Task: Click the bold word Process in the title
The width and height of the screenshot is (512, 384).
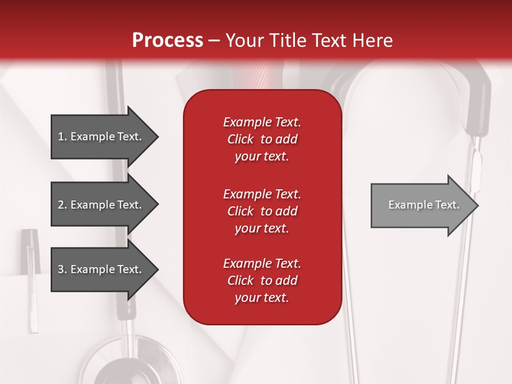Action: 167,41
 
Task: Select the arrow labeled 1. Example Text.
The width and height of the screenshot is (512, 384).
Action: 101,137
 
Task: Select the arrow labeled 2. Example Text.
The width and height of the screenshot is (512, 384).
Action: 101,205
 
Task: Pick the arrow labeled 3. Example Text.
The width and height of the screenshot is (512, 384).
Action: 101,269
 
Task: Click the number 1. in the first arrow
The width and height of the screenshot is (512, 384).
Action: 62,137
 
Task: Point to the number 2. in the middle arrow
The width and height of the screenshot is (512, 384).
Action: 62,205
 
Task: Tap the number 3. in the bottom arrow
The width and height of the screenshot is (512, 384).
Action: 62,269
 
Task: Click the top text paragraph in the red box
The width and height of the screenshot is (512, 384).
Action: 262,139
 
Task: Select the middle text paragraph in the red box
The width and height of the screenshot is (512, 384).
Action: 262,211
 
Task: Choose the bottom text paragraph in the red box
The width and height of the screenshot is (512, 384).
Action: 262,281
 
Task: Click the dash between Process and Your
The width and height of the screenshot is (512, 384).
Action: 214,41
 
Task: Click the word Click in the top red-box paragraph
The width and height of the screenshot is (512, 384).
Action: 240,139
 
